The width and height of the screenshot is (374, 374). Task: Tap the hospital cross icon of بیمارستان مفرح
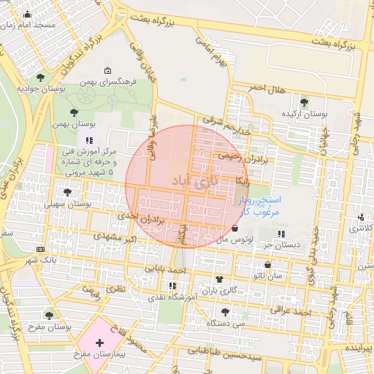pyautogui.click(x=99, y=342)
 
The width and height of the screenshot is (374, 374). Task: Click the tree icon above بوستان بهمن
pyautogui.click(x=74, y=112)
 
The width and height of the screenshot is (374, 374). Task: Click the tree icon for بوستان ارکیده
pyautogui.click(x=304, y=102)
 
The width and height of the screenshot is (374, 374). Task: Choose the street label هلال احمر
pyautogui.click(x=265, y=88)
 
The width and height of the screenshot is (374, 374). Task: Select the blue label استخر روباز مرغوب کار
pyautogui.click(x=256, y=205)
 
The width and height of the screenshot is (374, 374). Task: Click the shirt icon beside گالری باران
pyautogui.click(x=219, y=279)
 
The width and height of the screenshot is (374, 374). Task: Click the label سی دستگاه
pyautogui.click(x=224, y=322)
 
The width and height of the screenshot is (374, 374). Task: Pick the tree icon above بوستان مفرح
pyautogui.click(x=49, y=315)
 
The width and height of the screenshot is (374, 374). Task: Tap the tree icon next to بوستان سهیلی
pyautogui.click(x=68, y=192)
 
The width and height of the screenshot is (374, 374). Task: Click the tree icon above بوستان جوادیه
pyautogui.click(x=39, y=76)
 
